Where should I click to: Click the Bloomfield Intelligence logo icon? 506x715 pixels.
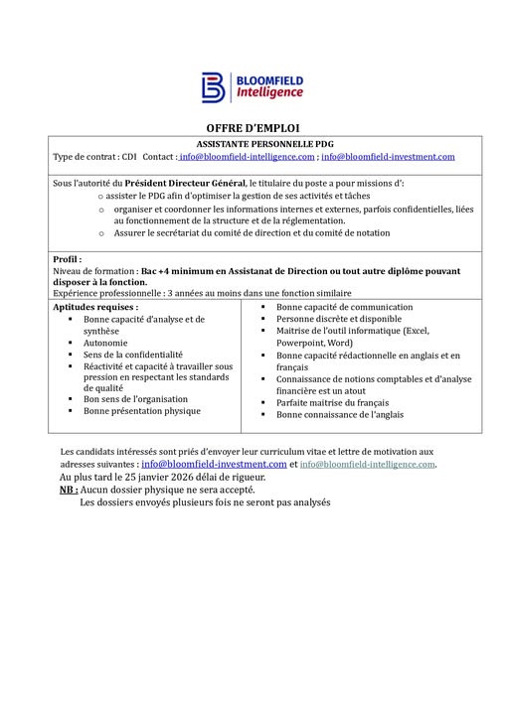click(x=214, y=86)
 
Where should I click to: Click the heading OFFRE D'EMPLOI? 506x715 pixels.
click(x=252, y=128)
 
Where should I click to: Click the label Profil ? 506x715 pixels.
click(x=68, y=259)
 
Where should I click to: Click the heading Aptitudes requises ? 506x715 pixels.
click(x=95, y=308)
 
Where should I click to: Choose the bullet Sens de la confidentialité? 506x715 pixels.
click(x=133, y=354)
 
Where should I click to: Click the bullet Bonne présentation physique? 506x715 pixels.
click(x=142, y=410)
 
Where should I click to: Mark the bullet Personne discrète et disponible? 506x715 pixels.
click(x=339, y=319)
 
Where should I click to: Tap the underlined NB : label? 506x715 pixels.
click(x=69, y=490)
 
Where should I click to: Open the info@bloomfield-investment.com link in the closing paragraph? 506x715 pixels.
click(x=214, y=464)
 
